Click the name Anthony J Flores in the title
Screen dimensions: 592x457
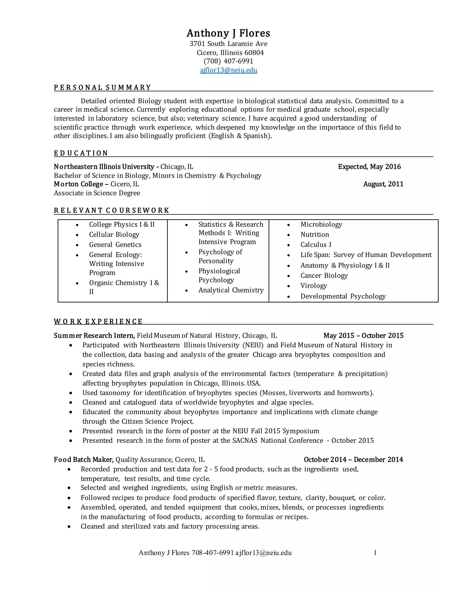228,33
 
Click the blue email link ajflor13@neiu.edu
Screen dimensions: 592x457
228,70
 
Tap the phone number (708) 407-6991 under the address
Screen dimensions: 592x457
228,61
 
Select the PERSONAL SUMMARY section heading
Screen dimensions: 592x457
102,88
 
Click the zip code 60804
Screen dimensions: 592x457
254,52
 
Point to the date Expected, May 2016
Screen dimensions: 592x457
369,167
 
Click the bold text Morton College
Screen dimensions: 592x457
79,184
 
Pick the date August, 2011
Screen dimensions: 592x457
383,184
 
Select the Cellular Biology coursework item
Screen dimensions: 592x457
114,235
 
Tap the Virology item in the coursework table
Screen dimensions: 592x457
314,286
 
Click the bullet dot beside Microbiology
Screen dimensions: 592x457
289,225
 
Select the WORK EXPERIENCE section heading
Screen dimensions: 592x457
98,321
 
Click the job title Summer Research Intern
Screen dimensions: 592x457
94,336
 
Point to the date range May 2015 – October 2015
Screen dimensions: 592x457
363,336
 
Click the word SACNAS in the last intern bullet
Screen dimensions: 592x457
245,441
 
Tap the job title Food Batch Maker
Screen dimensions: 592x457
84,460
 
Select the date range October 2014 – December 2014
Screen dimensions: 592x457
353,460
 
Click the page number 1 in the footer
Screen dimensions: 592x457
375,553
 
